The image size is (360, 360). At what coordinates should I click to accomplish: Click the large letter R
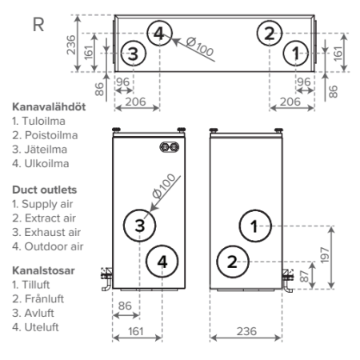click(38, 25)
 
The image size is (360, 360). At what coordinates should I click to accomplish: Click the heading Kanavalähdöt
click(49, 107)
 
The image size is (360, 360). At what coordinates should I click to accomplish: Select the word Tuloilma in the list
click(43, 121)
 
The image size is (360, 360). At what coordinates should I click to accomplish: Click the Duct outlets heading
click(44, 190)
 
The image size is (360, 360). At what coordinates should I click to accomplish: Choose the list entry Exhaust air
click(53, 232)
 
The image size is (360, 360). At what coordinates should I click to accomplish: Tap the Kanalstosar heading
click(43, 270)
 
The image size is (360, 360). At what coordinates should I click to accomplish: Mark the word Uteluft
click(42, 327)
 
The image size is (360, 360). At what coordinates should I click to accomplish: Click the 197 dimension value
click(325, 255)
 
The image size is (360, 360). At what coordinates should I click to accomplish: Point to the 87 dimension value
click(304, 276)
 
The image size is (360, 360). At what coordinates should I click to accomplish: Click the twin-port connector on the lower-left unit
click(170, 147)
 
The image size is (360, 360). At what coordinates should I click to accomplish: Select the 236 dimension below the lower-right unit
click(246, 331)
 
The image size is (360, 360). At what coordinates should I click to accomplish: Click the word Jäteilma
click(46, 150)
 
